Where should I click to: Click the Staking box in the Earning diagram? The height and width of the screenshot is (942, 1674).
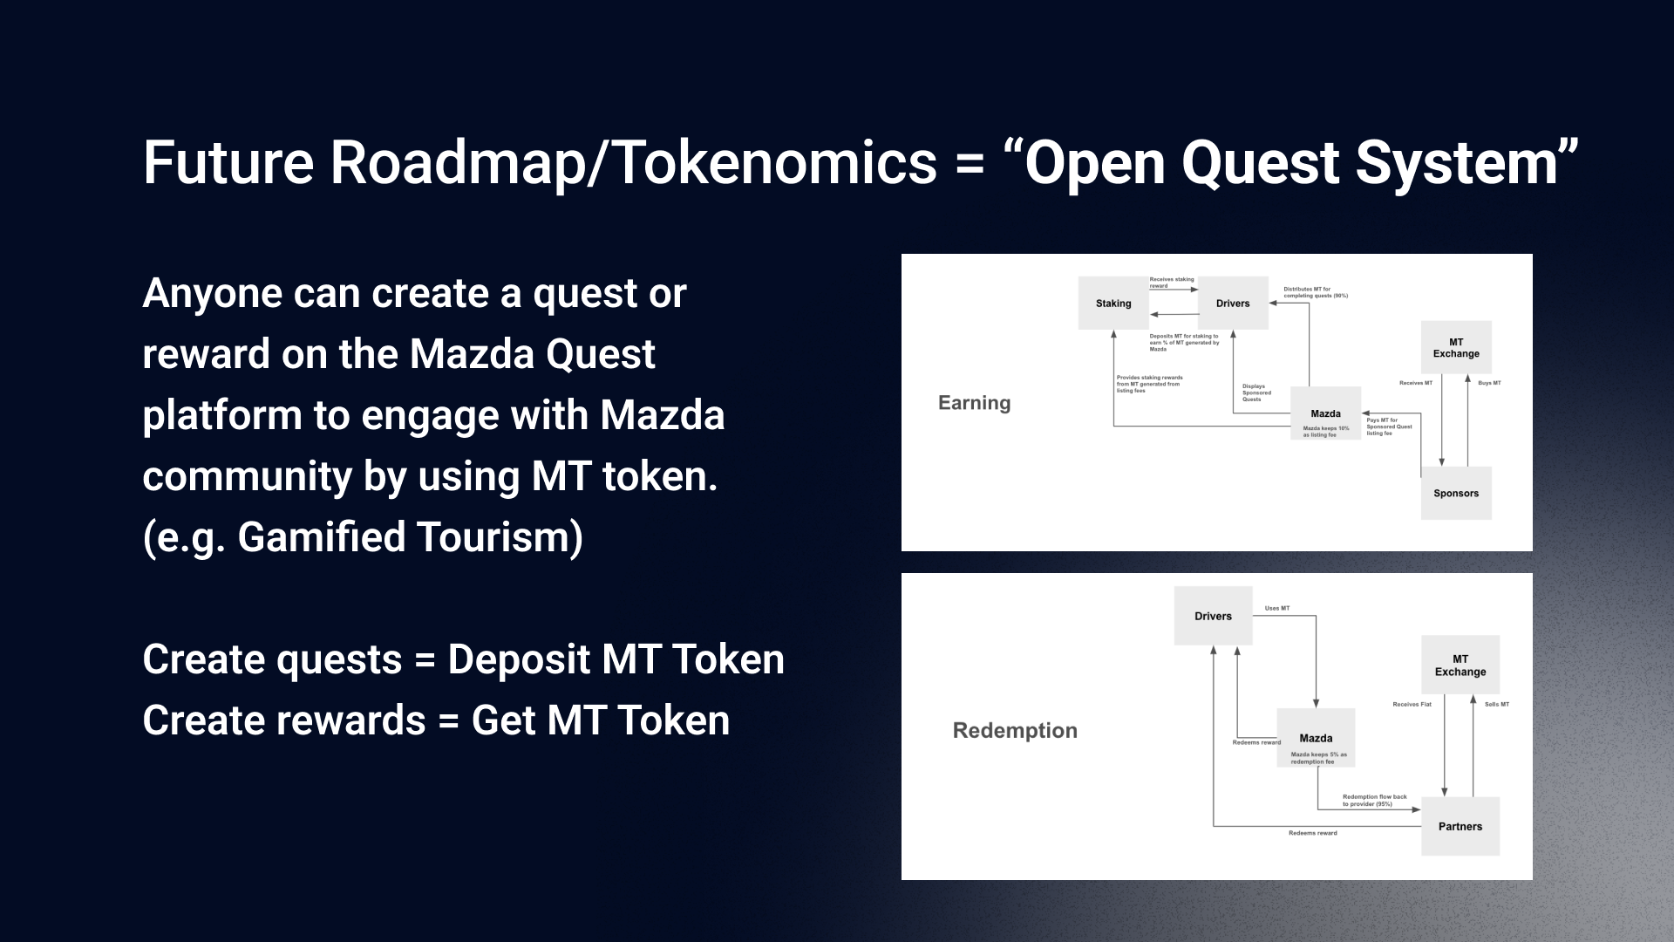coord(1113,304)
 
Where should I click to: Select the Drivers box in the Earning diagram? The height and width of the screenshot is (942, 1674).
coord(1233,304)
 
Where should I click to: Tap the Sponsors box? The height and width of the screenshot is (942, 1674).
coord(1456,494)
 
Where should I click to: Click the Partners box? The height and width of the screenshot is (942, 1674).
coord(1460,826)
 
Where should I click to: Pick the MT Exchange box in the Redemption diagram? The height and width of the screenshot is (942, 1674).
coord(1460,666)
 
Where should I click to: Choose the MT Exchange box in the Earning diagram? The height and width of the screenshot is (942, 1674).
coord(1456,348)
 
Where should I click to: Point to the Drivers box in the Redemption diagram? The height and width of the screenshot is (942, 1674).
coord(1213,616)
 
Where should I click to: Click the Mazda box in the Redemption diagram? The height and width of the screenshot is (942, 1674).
coord(1316,738)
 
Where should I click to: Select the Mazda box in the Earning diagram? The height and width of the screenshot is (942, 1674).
coord(1325,413)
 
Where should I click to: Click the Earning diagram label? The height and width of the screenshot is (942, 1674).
coord(974,403)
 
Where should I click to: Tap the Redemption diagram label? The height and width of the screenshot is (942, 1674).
coord(1015,731)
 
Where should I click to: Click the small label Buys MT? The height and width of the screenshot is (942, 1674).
coord(1489,383)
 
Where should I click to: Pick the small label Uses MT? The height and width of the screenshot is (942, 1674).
coord(1277,608)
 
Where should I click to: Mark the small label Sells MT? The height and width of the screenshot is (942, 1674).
coord(1497,704)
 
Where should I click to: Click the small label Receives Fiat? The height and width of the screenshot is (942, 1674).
coord(1412,704)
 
